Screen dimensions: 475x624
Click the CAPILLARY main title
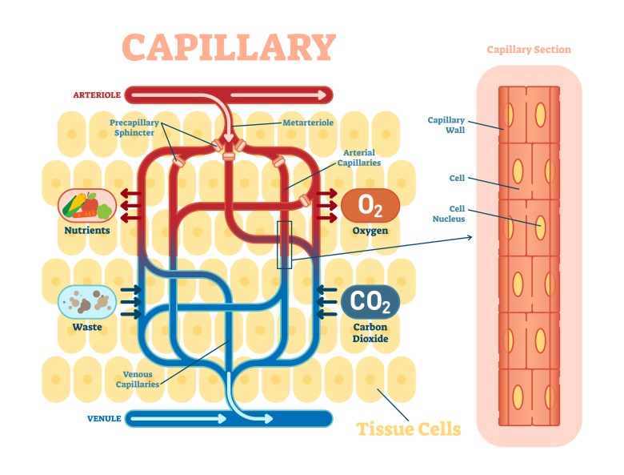[229, 48]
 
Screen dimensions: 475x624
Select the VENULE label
[103, 418]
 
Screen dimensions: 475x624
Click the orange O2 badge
[370, 206]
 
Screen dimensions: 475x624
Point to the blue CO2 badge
[370, 303]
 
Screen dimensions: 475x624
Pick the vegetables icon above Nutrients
[87, 206]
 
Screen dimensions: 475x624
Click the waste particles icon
[87, 303]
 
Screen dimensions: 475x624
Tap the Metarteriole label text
[307, 123]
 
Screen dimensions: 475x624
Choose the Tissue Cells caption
[409, 429]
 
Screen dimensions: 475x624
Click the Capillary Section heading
[529, 50]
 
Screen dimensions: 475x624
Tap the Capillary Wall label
[446, 125]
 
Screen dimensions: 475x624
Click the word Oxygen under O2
[370, 231]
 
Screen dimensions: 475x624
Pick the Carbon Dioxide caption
[370, 332]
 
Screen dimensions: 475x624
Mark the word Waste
[87, 327]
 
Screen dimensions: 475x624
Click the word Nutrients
[87, 231]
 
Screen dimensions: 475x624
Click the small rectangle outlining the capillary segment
[285, 244]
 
